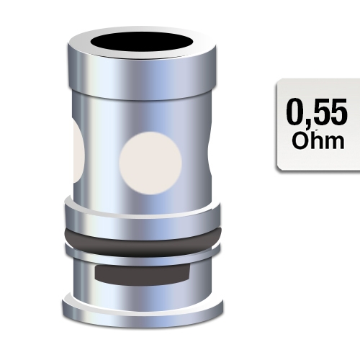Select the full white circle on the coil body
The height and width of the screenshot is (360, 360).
[149, 159]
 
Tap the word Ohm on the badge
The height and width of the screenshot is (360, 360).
[318, 140]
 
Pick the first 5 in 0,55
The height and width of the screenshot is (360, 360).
[321, 113]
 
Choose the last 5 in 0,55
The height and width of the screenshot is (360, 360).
[339, 113]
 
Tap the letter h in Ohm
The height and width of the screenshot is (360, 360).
[317, 140]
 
